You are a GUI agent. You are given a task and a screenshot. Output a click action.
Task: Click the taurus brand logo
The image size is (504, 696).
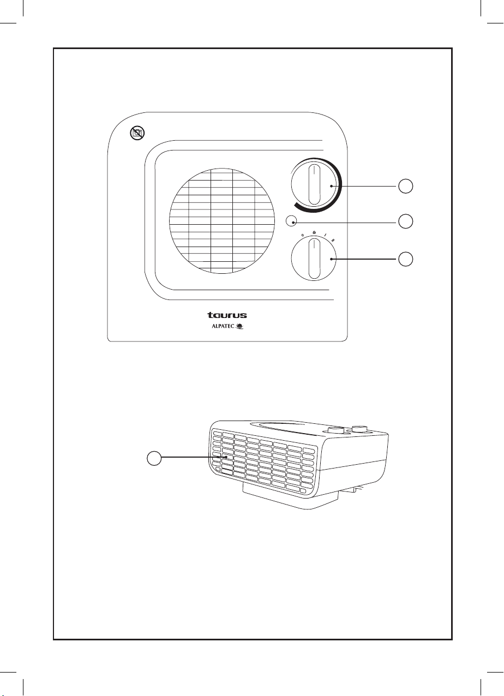coord(226,315)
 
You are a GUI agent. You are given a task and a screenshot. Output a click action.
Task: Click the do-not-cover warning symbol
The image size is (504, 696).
coord(137,132)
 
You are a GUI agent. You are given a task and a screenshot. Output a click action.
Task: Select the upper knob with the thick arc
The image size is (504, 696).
coord(314,186)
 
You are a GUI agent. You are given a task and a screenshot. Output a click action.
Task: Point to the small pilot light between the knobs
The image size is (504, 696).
coord(292,221)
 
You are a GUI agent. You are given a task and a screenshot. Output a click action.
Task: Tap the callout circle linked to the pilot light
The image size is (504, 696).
coord(405,221)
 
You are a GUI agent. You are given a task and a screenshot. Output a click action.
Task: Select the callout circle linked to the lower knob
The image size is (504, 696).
coord(405,259)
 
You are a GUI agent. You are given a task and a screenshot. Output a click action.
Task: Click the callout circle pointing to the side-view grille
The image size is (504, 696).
coord(155,459)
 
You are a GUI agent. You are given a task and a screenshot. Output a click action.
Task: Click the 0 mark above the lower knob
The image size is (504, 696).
coord(303,236)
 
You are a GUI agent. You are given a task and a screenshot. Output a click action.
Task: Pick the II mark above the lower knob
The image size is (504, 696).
coord(333,239)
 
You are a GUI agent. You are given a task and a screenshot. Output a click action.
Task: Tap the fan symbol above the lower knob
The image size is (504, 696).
coord(314,233)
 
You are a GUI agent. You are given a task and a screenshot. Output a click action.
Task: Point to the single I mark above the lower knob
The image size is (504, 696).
coord(325,236)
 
